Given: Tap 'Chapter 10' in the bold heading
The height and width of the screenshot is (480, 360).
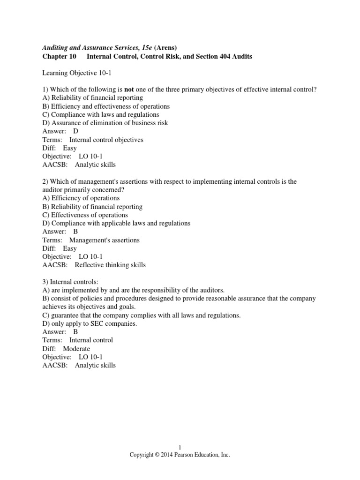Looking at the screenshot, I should pos(59,56).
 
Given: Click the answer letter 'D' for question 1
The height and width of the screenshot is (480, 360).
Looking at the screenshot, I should pos(76,131).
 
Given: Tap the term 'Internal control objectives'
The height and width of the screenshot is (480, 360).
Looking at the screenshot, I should pos(106,140).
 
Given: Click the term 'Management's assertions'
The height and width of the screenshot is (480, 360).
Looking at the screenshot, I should pos(104,240).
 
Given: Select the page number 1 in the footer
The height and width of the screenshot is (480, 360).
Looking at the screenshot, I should pos(180,448).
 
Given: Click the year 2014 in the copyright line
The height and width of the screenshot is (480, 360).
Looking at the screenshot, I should pos(165,455).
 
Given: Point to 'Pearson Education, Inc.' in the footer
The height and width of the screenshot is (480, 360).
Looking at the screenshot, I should pos(202,455).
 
